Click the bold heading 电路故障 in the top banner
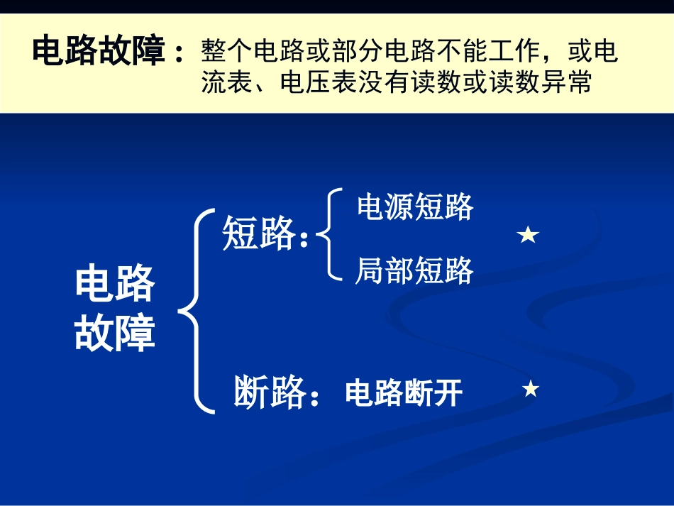[x=99, y=53]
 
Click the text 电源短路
[x=414, y=207]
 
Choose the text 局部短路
[x=414, y=271]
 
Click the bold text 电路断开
[x=404, y=392]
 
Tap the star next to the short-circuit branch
[x=529, y=236]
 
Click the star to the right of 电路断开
[x=531, y=389]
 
